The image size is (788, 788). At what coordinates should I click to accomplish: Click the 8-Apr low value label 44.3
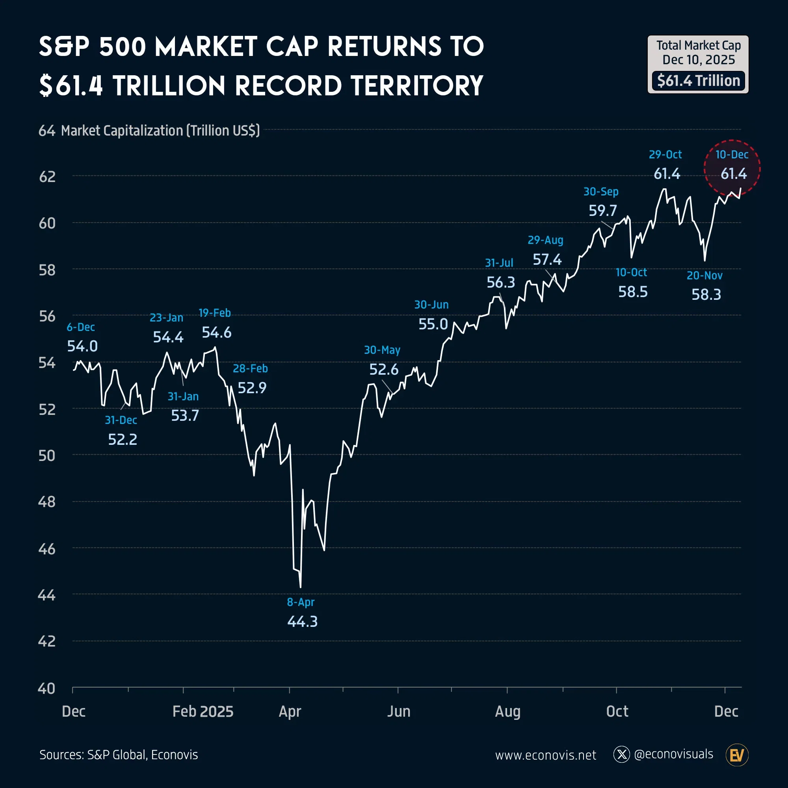coord(302,622)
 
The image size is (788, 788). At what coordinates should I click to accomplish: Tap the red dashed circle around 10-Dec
coord(732,169)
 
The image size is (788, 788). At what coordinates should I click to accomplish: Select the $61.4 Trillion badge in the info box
coord(698,81)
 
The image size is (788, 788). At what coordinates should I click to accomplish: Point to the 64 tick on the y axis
coord(46,131)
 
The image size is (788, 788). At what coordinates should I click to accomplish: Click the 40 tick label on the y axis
coord(46,688)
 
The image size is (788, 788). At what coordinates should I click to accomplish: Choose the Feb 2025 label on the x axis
coord(203,711)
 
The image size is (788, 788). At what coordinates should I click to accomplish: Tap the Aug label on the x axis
coord(507,711)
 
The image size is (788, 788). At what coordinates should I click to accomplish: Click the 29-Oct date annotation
coord(665,154)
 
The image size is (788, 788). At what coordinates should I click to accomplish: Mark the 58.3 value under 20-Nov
coord(706,294)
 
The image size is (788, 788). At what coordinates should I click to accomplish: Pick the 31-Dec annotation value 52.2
coord(123,440)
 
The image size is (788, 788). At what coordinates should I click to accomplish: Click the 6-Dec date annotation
coord(81,327)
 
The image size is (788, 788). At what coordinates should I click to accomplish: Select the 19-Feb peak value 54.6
coord(217,333)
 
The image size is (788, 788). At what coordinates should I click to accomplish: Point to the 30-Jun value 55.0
coord(433,324)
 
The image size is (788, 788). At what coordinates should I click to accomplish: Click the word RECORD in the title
coord(288,86)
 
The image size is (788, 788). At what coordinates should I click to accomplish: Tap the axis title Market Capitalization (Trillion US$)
coord(160,131)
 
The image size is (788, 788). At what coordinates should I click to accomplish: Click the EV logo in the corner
coord(737,755)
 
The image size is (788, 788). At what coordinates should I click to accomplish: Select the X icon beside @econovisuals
coord(622,755)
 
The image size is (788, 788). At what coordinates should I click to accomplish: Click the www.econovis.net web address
coord(545,755)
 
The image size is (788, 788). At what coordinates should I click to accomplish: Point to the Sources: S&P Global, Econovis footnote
coord(119,755)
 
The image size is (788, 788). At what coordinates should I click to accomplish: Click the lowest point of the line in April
coord(301,587)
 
